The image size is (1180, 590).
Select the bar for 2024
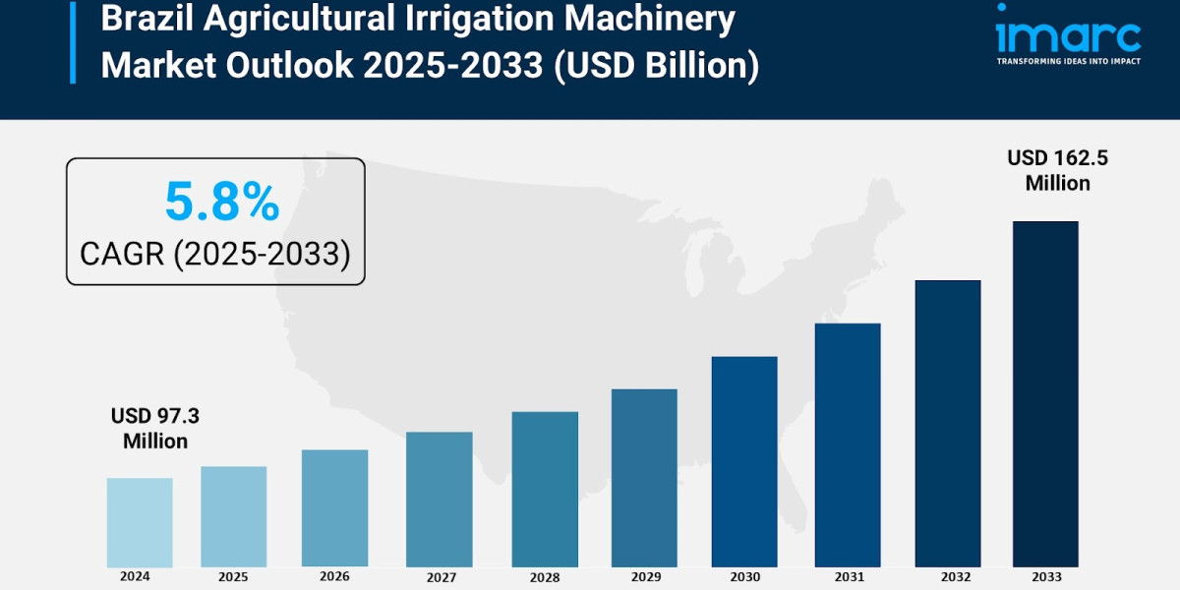tap(140, 522)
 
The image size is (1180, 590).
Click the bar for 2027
tap(439, 500)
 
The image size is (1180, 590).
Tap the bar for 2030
tap(744, 461)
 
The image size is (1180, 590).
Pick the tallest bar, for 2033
tap(1045, 393)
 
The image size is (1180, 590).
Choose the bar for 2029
tap(644, 478)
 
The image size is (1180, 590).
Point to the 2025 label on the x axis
tap(233, 577)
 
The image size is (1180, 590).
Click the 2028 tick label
tap(544, 578)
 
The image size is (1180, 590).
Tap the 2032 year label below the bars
tap(947, 578)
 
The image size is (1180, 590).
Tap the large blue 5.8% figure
tap(221, 203)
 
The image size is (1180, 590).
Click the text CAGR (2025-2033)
tap(215, 254)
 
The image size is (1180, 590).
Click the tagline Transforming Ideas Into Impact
tap(1068, 61)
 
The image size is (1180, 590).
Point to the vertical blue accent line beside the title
tap(72, 41)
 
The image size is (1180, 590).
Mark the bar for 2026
tap(334, 508)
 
